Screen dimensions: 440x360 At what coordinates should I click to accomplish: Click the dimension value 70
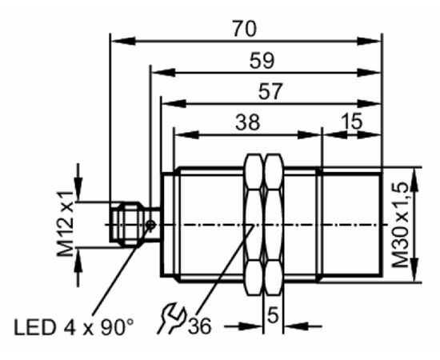click(245, 29)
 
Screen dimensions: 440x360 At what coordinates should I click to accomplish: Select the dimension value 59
click(262, 61)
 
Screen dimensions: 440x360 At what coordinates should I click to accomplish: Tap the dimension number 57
click(270, 92)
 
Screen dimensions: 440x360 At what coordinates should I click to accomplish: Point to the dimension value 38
click(248, 122)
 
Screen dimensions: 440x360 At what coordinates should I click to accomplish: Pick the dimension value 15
click(352, 122)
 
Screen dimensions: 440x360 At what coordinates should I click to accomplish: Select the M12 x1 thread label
click(65, 224)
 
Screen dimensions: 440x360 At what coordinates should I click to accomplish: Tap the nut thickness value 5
click(273, 315)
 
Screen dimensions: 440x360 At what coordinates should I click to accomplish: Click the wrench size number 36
click(199, 326)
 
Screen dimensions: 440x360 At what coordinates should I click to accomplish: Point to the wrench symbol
click(171, 318)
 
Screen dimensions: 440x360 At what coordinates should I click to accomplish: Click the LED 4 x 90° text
click(74, 327)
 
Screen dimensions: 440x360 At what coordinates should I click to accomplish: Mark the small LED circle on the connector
click(151, 225)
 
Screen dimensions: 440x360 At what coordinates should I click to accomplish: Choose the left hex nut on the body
click(254, 224)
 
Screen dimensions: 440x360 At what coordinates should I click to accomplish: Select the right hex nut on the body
click(274, 224)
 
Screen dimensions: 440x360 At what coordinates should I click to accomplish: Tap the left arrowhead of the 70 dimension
click(123, 41)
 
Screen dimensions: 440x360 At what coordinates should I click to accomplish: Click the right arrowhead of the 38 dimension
click(310, 134)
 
